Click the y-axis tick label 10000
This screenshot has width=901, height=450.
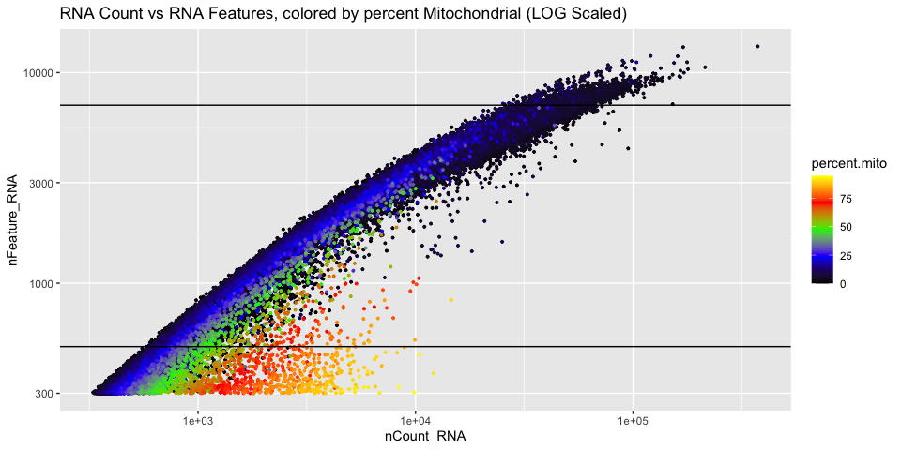point(38,72)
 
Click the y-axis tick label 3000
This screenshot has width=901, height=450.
point(40,183)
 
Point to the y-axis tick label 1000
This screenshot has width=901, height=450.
point(40,283)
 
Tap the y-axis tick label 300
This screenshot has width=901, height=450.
point(43,393)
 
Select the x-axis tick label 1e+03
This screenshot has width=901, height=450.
point(198,421)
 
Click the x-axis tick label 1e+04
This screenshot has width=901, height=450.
point(415,421)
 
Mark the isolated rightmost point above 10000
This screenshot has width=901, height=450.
point(757,46)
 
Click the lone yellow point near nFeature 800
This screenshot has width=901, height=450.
point(450,300)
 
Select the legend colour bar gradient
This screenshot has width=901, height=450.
point(823,230)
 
